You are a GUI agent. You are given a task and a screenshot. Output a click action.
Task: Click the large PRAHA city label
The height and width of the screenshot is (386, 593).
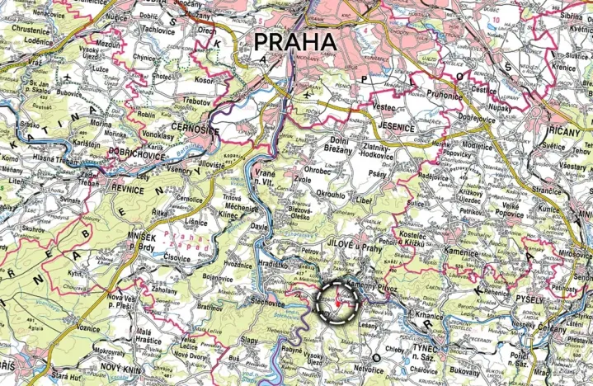click(x=295, y=42)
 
